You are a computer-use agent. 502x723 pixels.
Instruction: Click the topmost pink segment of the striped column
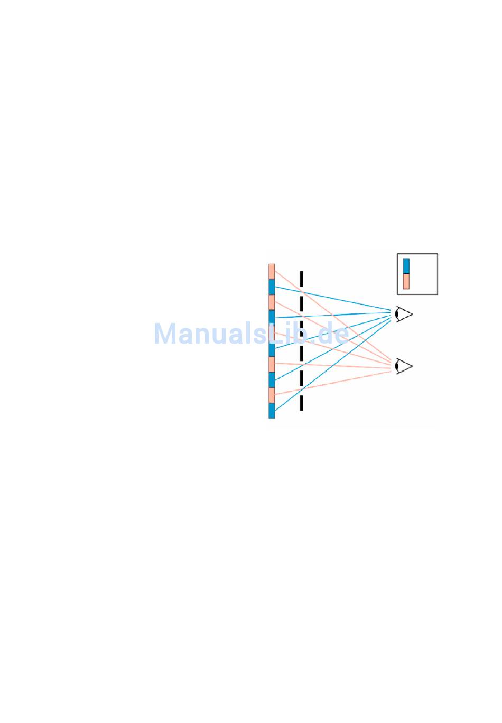tap(272, 271)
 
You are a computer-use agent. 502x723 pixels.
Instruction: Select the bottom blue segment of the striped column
tap(272, 411)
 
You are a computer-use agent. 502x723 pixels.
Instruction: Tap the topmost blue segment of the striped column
tap(272, 287)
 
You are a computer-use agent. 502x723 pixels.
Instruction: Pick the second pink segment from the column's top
tap(272, 302)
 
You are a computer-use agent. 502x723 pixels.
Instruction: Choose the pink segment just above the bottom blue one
tap(272, 395)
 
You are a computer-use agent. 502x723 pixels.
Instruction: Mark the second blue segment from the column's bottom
tap(272, 380)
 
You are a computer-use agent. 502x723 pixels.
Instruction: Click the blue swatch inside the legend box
tap(406, 266)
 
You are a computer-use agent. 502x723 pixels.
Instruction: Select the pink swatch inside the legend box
tap(406, 281)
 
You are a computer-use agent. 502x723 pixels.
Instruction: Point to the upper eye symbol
tap(404, 314)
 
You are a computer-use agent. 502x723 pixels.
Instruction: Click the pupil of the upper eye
tap(398, 314)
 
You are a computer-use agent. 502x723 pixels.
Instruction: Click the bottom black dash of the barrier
tap(301, 403)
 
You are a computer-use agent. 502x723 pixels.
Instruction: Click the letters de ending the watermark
tap(334, 334)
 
